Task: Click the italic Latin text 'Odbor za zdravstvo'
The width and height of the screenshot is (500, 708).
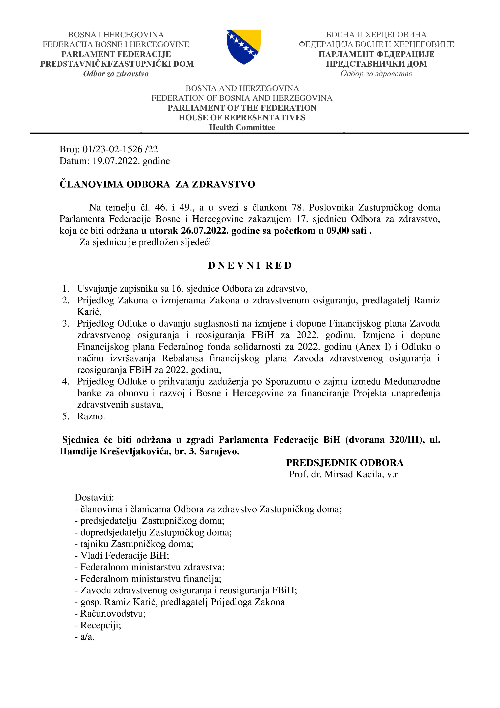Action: tap(116, 74)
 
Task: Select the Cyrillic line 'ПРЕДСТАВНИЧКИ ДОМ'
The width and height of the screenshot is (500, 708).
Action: tap(376, 64)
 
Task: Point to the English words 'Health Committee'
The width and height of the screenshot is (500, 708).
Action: tap(242, 127)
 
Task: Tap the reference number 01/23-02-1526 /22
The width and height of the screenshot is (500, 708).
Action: tap(120, 149)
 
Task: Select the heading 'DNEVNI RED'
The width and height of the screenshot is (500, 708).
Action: tap(250, 266)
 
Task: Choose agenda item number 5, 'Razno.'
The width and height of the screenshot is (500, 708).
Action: tap(91, 416)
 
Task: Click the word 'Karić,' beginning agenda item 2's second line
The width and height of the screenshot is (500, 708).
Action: tap(89, 312)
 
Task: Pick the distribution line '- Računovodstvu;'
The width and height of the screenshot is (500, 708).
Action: tap(110, 614)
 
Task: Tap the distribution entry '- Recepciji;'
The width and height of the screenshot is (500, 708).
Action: tap(98, 625)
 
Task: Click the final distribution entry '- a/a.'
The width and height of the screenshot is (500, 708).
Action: tap(85, 637)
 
